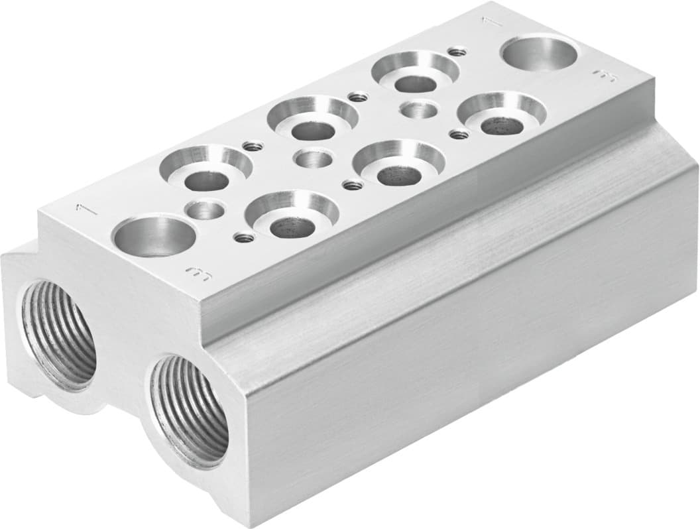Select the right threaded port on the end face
189,410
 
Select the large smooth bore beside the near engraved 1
154,236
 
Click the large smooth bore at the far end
538,53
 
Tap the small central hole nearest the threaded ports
205,210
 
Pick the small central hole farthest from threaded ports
419,109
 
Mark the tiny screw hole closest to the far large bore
455,50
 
